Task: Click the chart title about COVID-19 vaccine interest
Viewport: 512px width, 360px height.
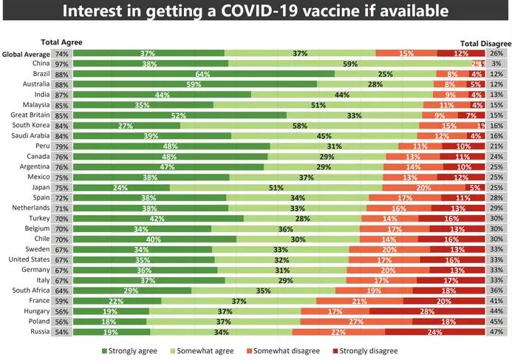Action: pyautogui.click(x=256, y=12)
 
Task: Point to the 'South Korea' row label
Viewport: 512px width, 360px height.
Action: pyautogui.click(x=30, y=126)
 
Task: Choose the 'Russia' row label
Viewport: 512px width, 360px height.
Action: pyautogui.click(x=39, y=331)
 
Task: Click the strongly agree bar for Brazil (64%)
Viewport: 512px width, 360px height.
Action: pyautogui.click(x=204, y=74)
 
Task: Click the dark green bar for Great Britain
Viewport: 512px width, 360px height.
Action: pyautogui.click(x=180, y=115)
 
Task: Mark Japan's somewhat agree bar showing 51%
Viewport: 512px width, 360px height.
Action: pyautogui.click(x=276, y=187)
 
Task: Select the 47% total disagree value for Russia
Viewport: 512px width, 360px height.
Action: pyautogui.click(x=496, y=332)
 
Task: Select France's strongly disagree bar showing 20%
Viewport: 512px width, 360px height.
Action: pyautogui.click(x=444, y=301)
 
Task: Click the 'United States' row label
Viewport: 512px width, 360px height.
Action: pyautogui.click(x=30, y=259)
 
